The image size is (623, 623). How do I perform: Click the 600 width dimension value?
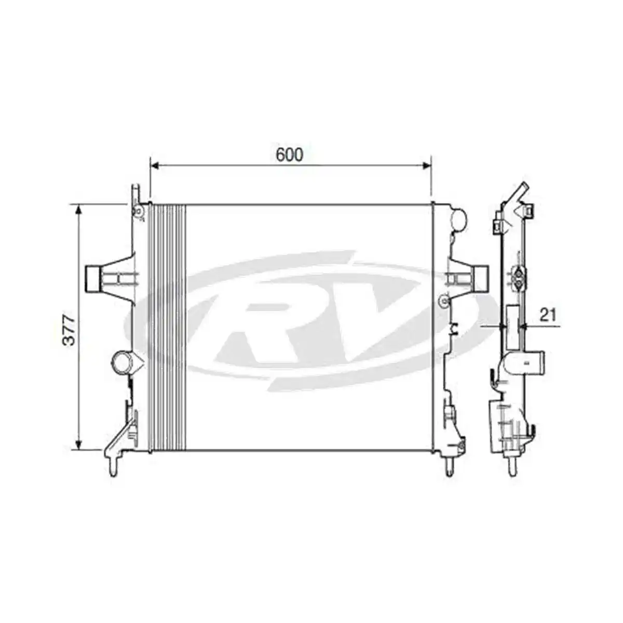(x=289, y=155)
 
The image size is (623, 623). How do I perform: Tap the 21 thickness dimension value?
(x=548, y=314)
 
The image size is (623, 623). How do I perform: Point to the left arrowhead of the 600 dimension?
(x=154, y=166)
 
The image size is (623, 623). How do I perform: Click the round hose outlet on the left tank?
(x=123, y=362)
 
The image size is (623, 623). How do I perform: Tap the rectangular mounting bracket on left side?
(x=93, y=279)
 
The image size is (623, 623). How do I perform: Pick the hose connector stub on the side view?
(x=535, y=361)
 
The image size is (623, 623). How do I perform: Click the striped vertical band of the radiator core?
(x=167, y=327)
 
